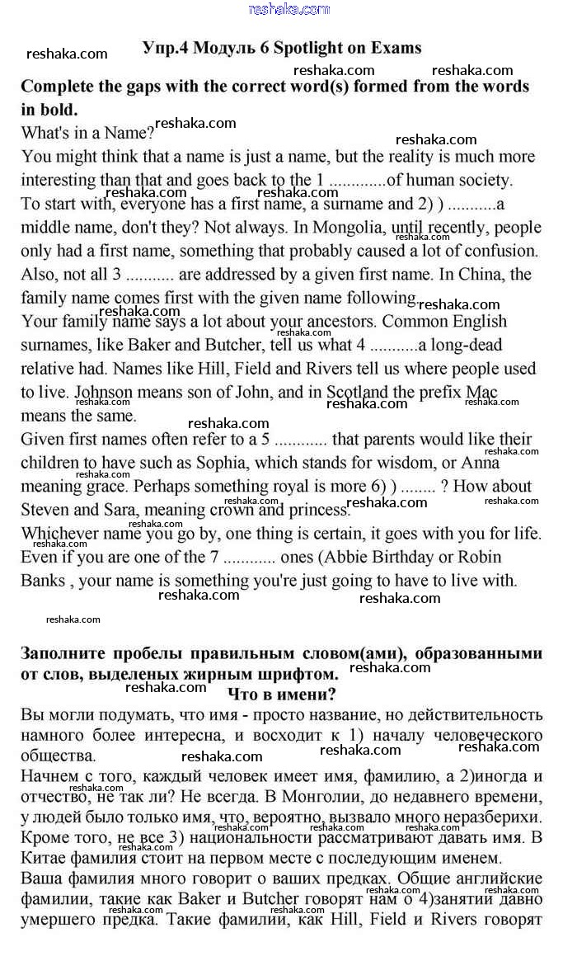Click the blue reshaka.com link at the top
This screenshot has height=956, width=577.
[288, 9]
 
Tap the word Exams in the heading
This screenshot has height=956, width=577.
[394, 48]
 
